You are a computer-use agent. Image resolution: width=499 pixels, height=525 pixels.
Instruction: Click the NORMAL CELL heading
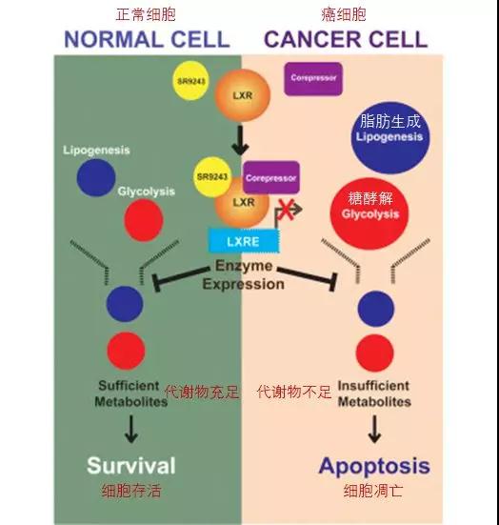pyautogui.click(x=147, y=39)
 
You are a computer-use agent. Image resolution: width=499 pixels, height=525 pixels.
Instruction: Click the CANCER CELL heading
pyautogui.click(x=346, y=39)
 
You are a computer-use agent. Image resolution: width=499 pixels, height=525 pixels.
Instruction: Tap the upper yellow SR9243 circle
pyautogui.click(x=191, y=80)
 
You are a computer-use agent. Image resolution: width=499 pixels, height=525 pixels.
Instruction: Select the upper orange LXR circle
pyautogui.click(x=242, y=95)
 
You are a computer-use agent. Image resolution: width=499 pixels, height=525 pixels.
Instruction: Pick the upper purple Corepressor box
pyautogui.click(x=313, y=78)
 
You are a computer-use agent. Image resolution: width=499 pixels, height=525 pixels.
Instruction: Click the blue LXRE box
pyautogui.click(x=243, y=241)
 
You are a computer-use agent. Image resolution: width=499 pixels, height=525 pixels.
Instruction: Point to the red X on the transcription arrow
pyautogui.click(x=287, y=210)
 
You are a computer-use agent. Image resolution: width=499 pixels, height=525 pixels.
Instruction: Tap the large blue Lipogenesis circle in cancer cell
pyautogui.click(x=390, y=137)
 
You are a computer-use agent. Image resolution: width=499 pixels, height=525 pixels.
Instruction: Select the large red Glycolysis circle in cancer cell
pyautogui.click(x=369, y=214)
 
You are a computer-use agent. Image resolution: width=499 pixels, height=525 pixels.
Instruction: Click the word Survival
pyautogui.click(x=131, y=465)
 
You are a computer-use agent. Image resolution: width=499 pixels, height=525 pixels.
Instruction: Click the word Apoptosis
pyautogui.click(x=374, y=467)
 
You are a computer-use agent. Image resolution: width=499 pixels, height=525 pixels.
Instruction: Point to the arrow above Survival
pyautogui.click(x=131, y=429)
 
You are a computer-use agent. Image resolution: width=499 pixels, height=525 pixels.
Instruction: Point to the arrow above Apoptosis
pyautogui.click(x=374, y=429)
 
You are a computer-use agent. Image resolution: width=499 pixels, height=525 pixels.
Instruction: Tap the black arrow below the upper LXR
pyautogui.click(x=240, y=141)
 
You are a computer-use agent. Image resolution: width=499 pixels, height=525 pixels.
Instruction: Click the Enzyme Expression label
pyautogui.click(x=243, y=275)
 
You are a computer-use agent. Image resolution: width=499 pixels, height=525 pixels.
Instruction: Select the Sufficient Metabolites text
pyautogui.click(x=130, y=394)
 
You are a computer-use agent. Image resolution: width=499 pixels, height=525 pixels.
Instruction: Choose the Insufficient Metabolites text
pyautogui.click(x=374, y=394)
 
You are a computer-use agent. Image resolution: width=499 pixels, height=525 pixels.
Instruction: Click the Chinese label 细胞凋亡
pyautogui.click(x=373, y=491)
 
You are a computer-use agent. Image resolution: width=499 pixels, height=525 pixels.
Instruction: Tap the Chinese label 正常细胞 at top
pyautogui.click(x=146, y=14)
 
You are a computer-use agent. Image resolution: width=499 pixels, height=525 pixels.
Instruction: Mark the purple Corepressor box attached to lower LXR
pyautogui.click(x=271, y=177)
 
